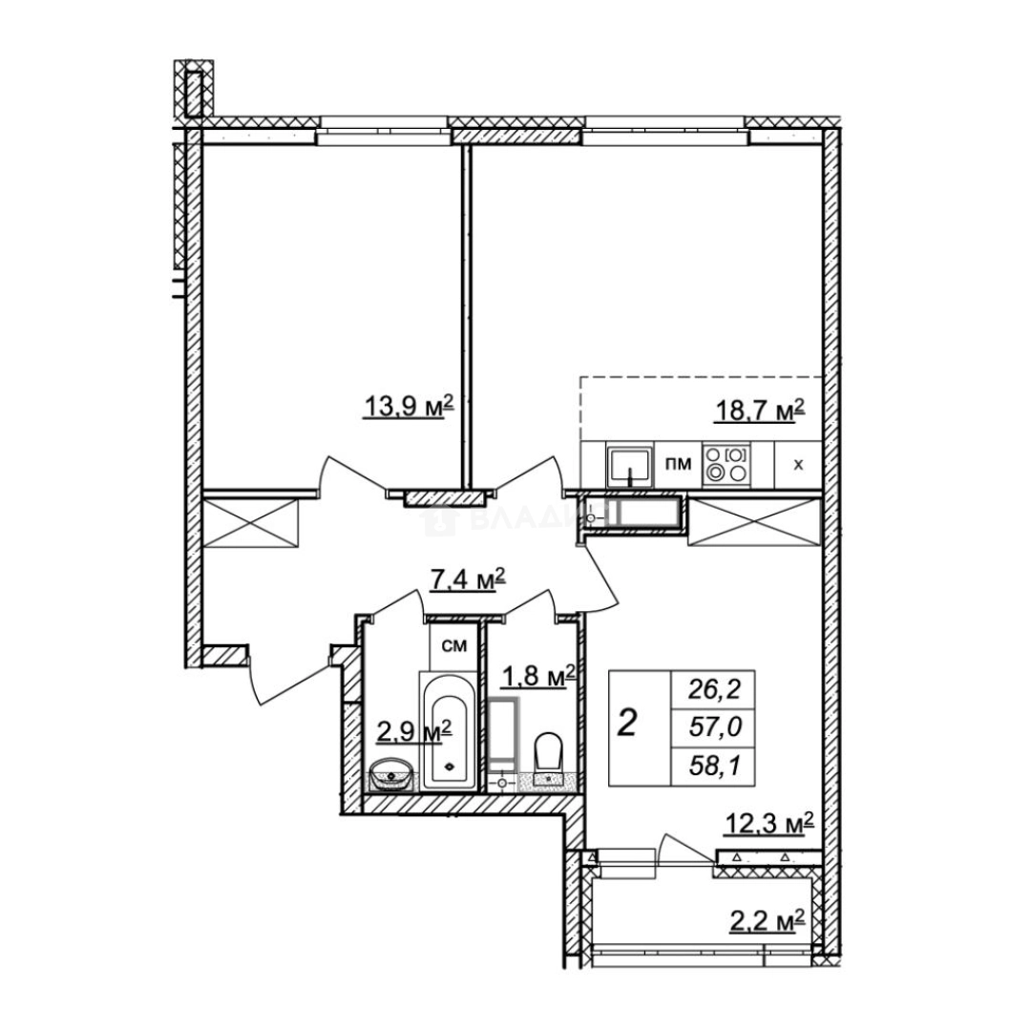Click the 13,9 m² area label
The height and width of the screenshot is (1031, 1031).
coord(409,407)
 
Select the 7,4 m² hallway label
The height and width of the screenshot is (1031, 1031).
coord(467,580)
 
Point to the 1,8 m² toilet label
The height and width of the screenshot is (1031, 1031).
coord(538,675)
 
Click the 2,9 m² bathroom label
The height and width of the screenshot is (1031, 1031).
coord(413,730)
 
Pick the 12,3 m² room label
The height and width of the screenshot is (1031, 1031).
coord(768,823)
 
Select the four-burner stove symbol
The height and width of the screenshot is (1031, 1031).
coord(726,464)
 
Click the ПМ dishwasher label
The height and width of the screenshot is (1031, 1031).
coord(679,464)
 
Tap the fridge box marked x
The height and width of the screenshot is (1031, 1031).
coord(798,465)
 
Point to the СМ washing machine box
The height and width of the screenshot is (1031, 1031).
coord(453,645)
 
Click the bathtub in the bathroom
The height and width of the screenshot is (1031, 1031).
coord(448,730)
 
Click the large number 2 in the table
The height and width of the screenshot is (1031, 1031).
coord(627,723)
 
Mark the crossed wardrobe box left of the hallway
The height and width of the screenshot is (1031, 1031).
coord(251,522)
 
